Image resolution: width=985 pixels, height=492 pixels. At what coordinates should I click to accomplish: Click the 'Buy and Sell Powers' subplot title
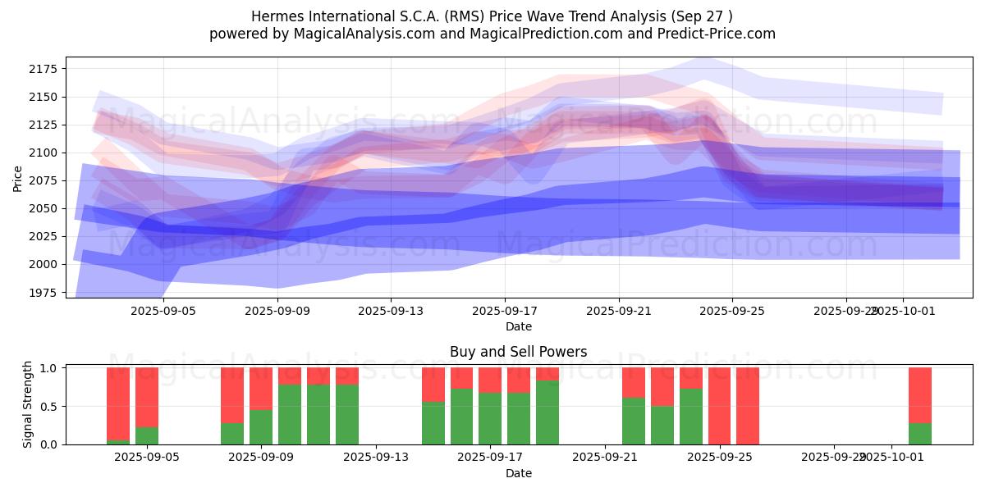click(x=518, y=352)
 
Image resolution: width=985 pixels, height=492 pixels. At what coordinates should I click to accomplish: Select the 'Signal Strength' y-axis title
click(x=27, y=404)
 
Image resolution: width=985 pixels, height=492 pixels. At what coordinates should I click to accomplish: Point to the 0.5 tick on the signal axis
click(x=48, y=407)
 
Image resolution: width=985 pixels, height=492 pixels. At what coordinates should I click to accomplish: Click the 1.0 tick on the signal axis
click(x=48, y=368)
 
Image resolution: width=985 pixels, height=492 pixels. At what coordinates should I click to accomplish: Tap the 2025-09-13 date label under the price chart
click(x=391, y=311)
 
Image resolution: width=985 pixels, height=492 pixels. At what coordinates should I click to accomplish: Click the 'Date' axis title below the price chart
click(x=518, y=326)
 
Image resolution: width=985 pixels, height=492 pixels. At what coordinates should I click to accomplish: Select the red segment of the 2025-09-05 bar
click(x=147, y=397)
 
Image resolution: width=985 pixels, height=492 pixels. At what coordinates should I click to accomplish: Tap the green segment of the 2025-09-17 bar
click(x=490, y=418)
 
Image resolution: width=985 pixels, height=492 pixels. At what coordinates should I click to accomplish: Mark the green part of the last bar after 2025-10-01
click(x=919, y=434)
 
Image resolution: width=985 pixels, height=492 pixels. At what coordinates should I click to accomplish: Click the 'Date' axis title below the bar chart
click(x=518, y=473)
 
